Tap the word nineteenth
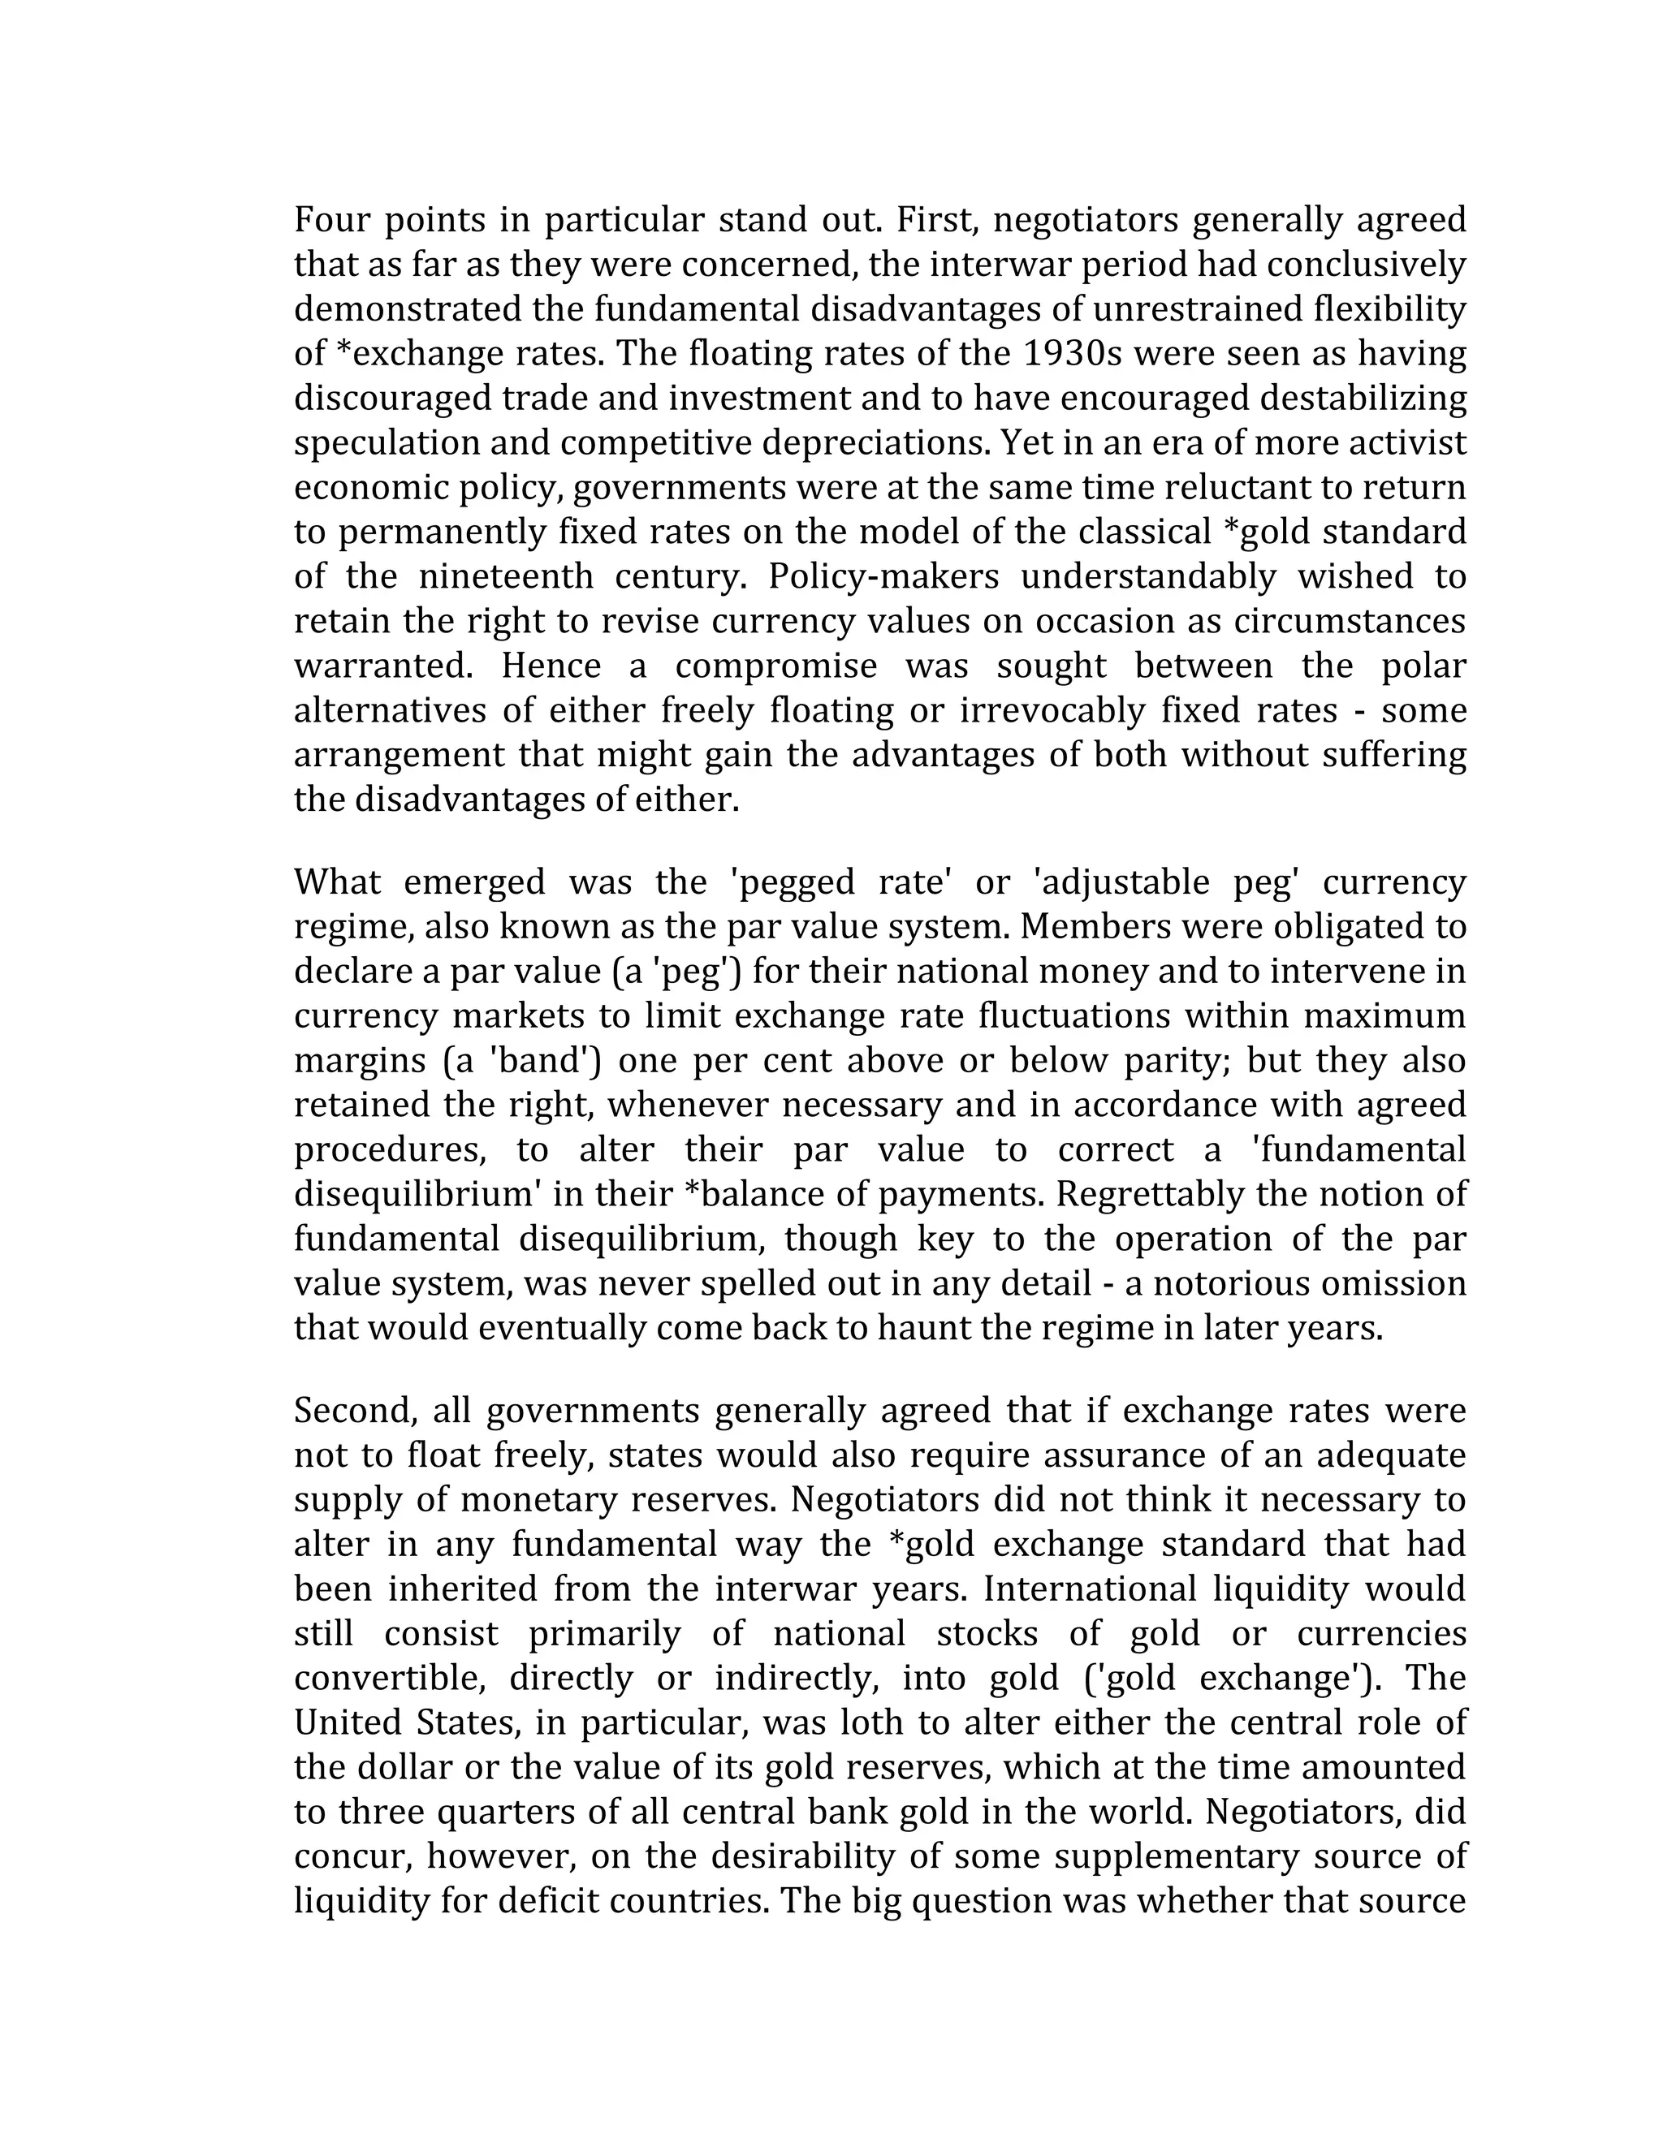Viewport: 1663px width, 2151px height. coord(505,576)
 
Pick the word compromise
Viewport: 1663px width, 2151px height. coord(775,666)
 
